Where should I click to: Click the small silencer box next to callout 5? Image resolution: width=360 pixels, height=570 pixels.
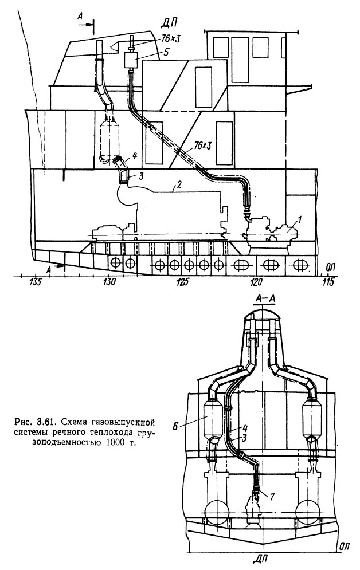click(132, 60)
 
